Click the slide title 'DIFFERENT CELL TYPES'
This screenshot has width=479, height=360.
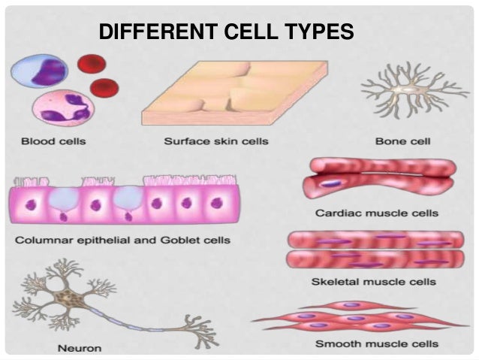coord(226,32)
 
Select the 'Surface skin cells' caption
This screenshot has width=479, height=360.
coord(215,141)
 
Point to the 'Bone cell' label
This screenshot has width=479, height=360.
coord(402,141)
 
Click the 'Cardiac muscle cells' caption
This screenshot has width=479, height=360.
coord(376,213)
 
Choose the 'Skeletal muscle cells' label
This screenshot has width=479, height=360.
coord(373,282)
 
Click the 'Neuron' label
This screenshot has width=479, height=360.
coord(80,348)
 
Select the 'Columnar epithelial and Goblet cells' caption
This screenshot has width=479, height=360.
coord(122,241)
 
